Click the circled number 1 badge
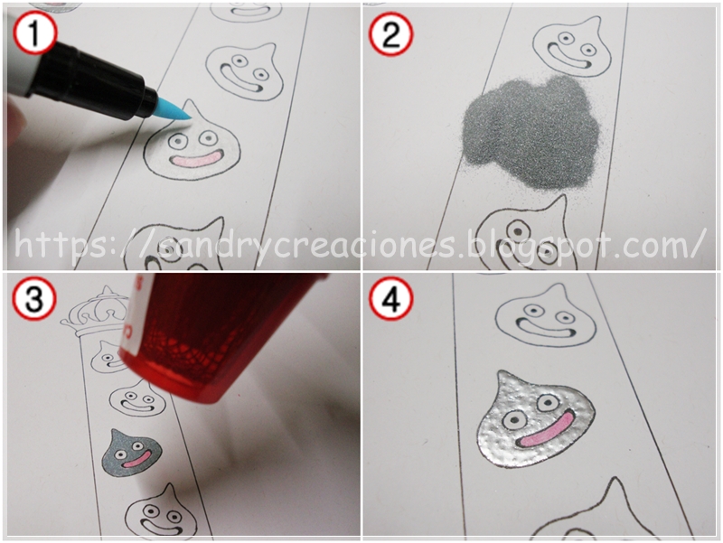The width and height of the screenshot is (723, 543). pos(34,33)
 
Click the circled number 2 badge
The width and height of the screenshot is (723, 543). pos(390,33)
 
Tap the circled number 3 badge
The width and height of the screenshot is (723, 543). pos(34,299)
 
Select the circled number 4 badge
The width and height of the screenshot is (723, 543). pos(390,299)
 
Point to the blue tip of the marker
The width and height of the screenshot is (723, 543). pos(174,110)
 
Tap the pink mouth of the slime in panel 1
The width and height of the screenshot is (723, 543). pos(196,161)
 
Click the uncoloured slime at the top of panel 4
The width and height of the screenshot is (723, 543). pos(545,318)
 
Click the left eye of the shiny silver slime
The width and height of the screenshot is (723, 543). pos(511,420)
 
